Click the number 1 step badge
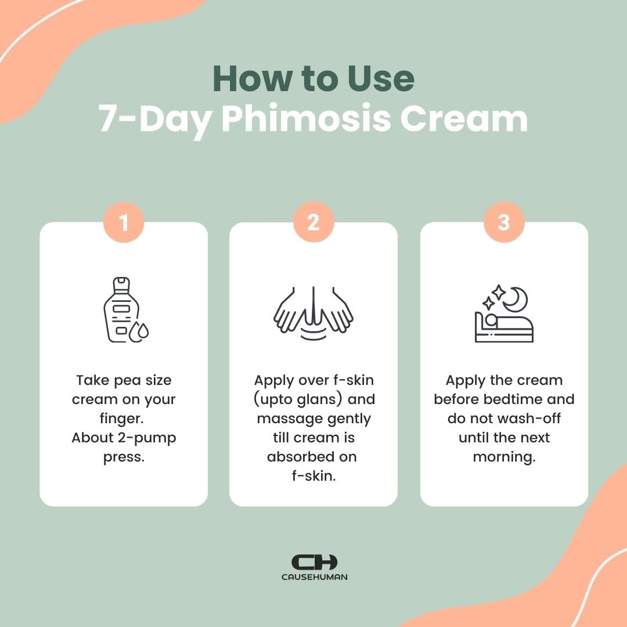coord(123,222)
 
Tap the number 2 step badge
coord(313,222)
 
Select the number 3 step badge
coord(503,222)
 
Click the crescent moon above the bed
coord(514,300)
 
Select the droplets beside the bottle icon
coord(139,331)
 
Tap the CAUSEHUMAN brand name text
coord(313,577)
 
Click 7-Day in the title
coord(154,120)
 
